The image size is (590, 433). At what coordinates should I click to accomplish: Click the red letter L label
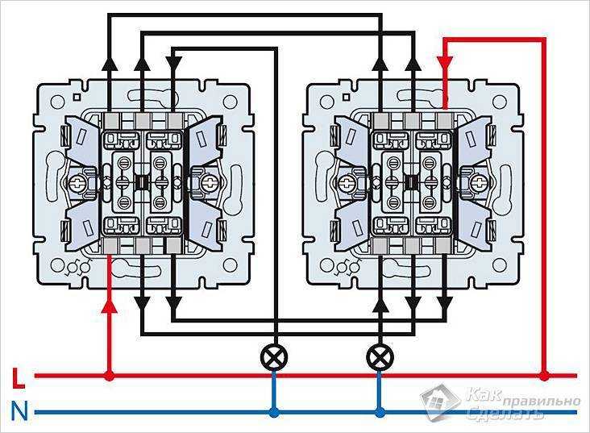(x=19, y=378)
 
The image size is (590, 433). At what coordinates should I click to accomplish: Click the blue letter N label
(x=19, y=411)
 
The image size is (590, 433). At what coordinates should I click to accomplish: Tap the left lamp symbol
(x=274, y=357)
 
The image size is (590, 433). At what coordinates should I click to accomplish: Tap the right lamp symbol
(x=380, y=357)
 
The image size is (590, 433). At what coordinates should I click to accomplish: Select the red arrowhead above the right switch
(x=445, y=63)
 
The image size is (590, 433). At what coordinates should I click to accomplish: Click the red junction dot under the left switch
(x=109, y=376)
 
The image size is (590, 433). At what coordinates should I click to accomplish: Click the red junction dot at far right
(x=544, y=376)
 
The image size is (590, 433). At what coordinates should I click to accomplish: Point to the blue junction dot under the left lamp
(x=274, y=413)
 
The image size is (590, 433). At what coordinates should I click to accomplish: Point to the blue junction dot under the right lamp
(x=380, y=413)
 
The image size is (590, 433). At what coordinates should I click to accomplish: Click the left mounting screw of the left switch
(x=78, y=183)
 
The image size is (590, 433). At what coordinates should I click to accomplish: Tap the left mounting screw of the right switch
(x=347, y=183)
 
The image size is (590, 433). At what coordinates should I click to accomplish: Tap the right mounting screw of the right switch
(x=478, y=183)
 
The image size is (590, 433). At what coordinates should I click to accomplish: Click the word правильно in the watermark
(x=540, y=401)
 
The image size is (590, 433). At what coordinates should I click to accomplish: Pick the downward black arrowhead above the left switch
(x=174, y=63)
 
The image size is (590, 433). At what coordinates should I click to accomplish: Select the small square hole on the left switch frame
(x=77, y=97)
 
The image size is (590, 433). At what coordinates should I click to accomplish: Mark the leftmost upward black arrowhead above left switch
(x=110, y=63)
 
